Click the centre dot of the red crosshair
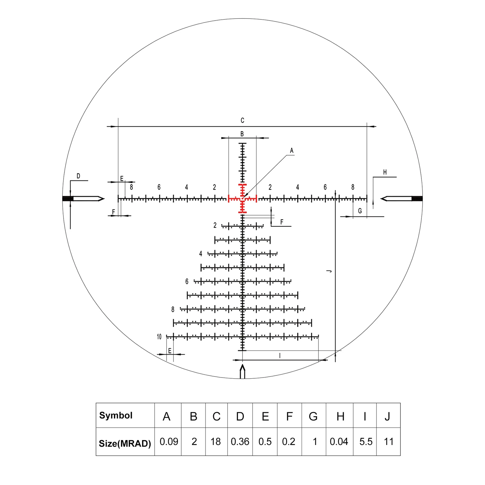click(x=242, y=199)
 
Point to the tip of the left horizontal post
click(x=105, y=199)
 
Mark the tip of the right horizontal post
click(x=381, y=199)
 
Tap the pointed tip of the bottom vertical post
click(x=242, y=365)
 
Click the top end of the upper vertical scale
click(x=242, y=143)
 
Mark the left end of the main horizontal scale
click(x=118, y=199)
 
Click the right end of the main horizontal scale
click(x=367, y=199)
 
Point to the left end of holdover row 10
click(x=166, y=336)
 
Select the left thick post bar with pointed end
click(x=83, y=199)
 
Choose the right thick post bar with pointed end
click(x=402, y=199)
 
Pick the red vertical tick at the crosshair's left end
click(x=229, y=199)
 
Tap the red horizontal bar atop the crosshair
click(x=242, y=185)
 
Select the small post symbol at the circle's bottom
click(x=242, y=371)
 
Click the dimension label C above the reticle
click(x=242, y=120)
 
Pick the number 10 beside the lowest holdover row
click(x=159, y=337)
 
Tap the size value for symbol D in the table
click(x=240, y=442)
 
